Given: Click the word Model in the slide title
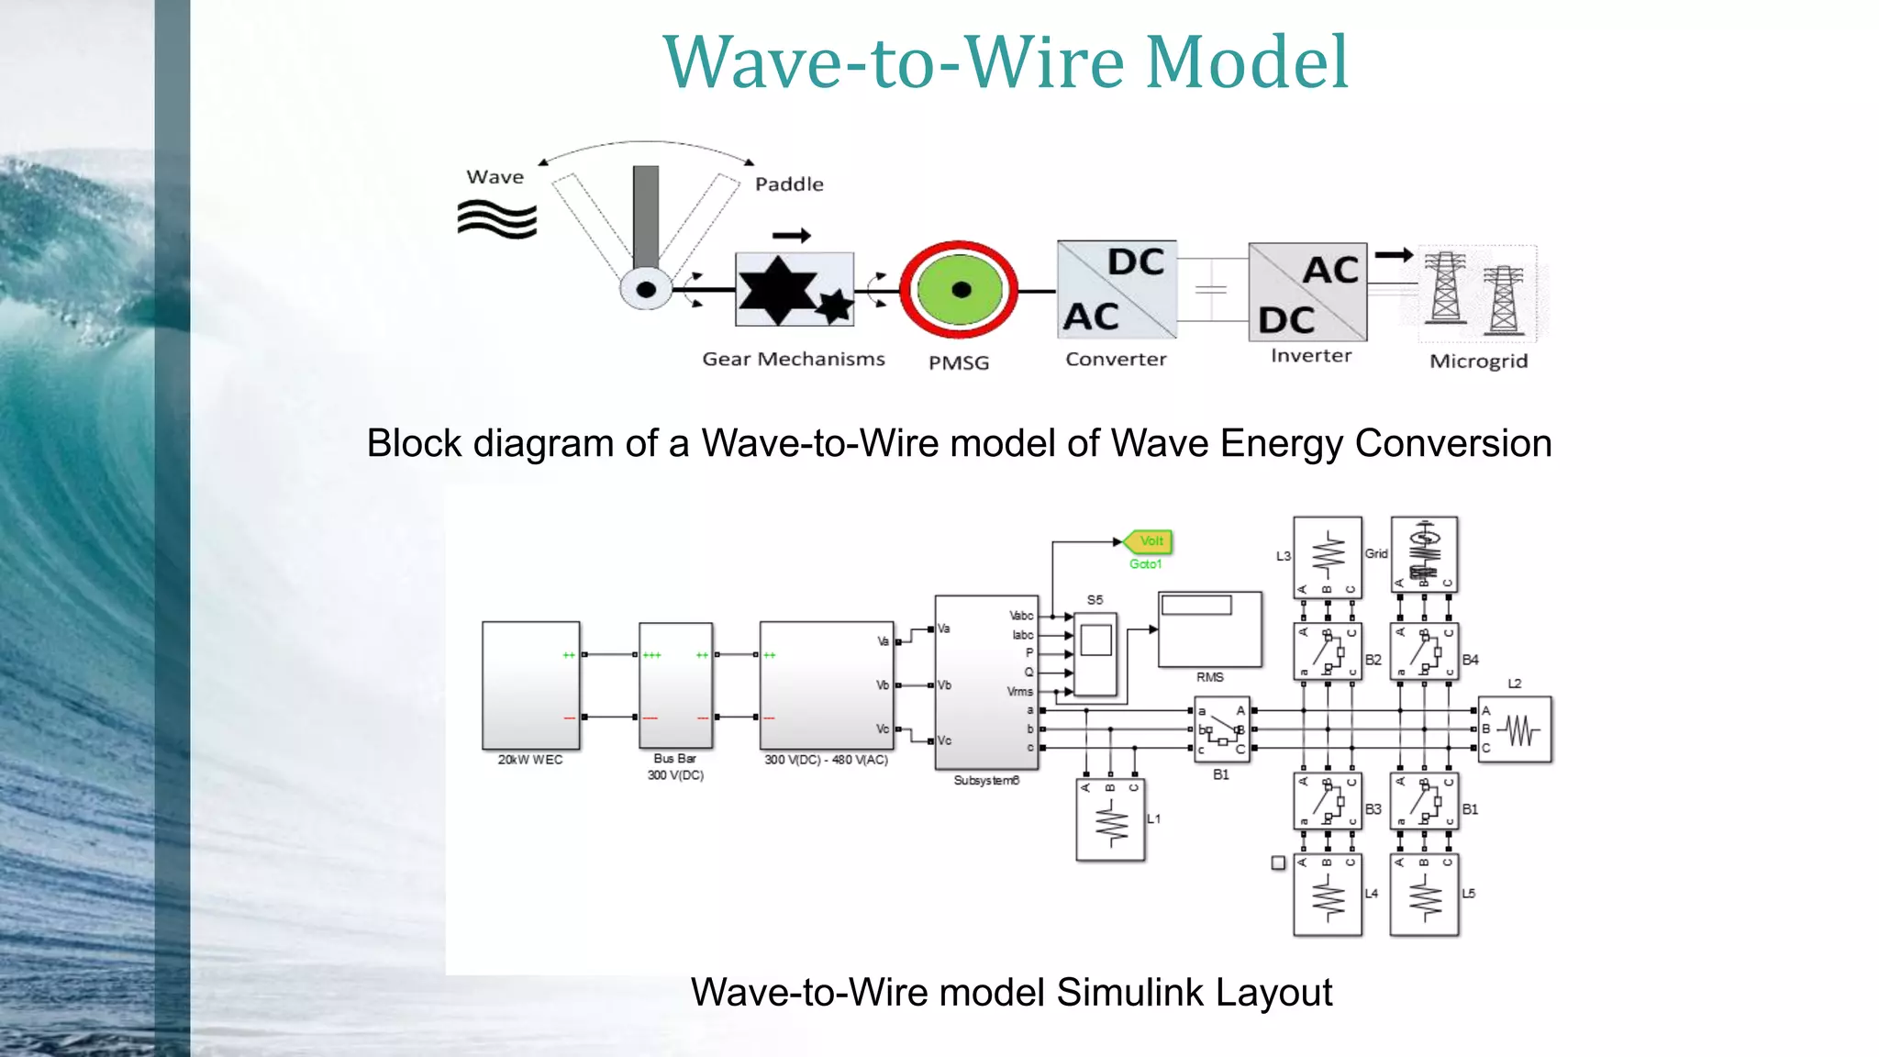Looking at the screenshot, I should tap(1247, 62).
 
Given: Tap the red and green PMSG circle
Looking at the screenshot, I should tap(959, 290).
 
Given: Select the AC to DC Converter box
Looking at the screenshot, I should tap(1117, 290).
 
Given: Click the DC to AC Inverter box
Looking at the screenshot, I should tap(1307, 292).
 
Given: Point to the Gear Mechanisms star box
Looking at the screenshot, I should tap(795, 290).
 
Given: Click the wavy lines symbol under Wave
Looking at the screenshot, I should tap(496, 219).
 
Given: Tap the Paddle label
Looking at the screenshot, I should tap(789, 184).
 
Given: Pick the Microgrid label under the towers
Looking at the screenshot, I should tap(1478, 362).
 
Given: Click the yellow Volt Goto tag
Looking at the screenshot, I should tap(1150, 541).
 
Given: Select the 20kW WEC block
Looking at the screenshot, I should tap(530, 685).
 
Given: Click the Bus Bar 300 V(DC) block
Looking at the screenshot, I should tap(675, 685).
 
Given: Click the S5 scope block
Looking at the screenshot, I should tap(1095, 653).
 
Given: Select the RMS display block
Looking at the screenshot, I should tap(1209, 629).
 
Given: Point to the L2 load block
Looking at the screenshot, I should tap(1514, 729).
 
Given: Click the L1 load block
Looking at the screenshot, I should tap(1110, 819).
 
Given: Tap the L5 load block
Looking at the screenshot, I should tap(1424, 895).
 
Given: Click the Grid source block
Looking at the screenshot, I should tap(1424, 554).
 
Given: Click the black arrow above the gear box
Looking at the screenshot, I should tap(791, 236).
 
